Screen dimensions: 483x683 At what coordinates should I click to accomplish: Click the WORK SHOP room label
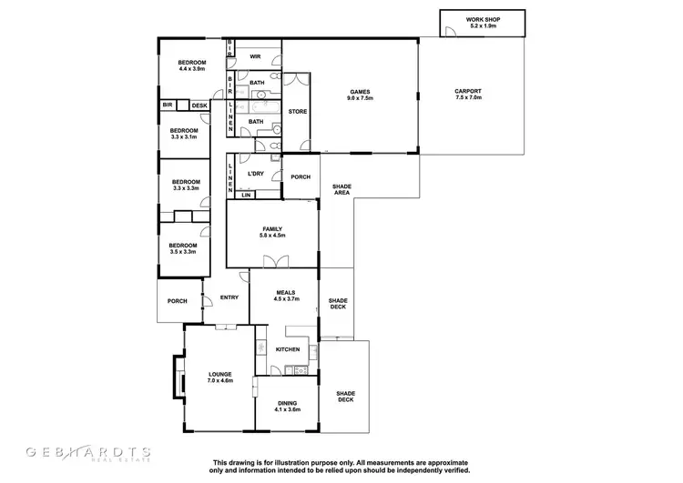pos(483,18)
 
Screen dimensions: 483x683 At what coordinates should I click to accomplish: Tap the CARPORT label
pos(469,91)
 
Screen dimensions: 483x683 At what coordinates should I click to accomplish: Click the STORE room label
pos(297,111)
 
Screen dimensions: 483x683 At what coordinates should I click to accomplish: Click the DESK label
pos(199,106)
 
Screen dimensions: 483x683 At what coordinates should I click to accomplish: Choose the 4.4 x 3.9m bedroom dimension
pos(192,69)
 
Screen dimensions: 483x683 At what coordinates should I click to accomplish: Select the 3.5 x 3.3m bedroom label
pos(182,252)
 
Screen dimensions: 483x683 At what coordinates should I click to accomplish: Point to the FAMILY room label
pos(272,228)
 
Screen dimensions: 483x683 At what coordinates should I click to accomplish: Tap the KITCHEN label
pos(288,349)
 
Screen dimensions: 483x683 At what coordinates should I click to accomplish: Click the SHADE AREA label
pos(341,189)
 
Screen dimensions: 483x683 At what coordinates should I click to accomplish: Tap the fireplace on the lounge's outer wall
pos(175,375)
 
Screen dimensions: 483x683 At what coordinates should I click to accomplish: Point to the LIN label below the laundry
pos(245,195)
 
